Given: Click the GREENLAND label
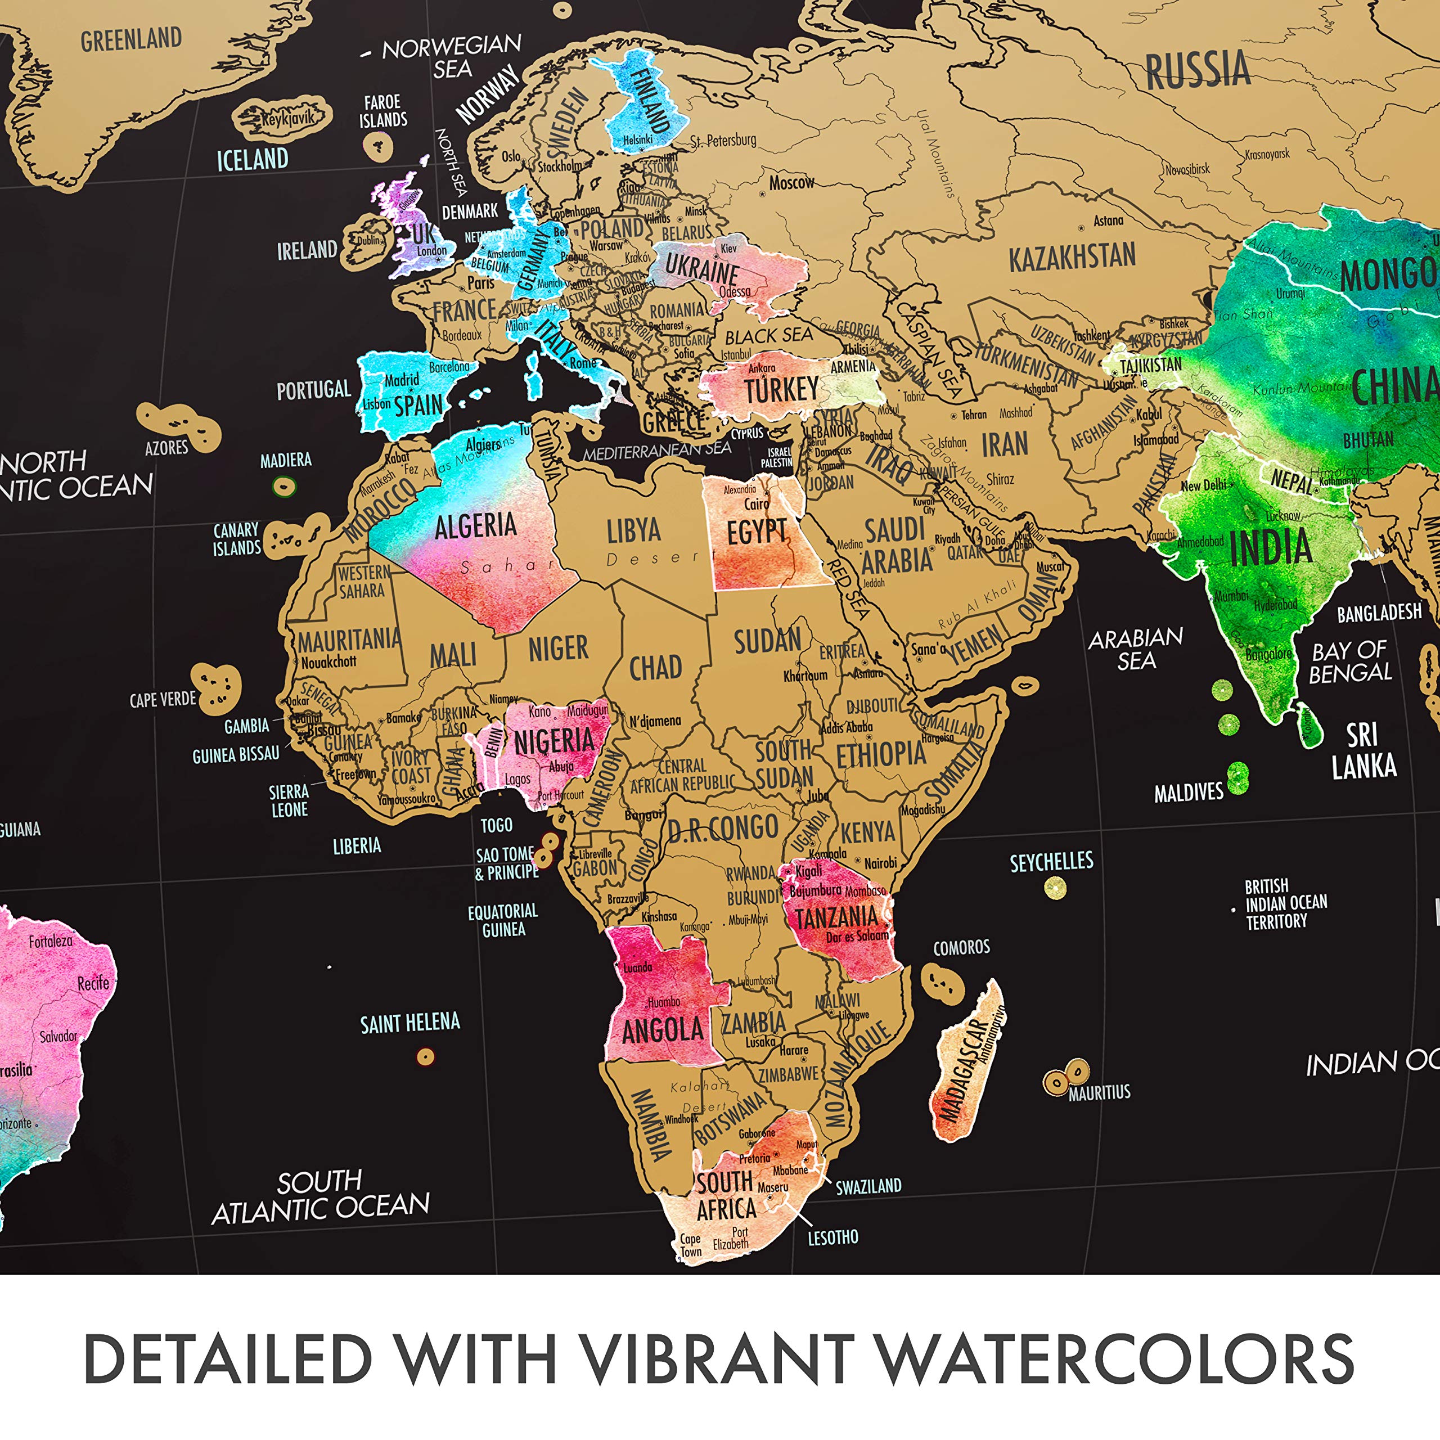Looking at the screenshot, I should (131, 39).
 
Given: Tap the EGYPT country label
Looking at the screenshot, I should (756, 532).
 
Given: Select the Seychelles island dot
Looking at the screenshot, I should (1055, 888).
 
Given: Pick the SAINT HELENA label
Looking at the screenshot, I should (410, 1023).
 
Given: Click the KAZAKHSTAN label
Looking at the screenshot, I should (1072, 258).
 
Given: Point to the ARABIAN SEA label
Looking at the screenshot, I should (1135, 649).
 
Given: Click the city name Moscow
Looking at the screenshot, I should (791, 182).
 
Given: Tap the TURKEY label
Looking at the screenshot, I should (781, 390).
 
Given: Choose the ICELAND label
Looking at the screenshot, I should (252, 159).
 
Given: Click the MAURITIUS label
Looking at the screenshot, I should (1099, 1093).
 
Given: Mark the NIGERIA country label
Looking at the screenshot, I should (555, 741).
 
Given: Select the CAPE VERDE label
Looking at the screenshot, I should (163, 700).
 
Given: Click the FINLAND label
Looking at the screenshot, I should (649, 101).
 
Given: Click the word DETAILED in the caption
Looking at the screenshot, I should (227, 1359).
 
